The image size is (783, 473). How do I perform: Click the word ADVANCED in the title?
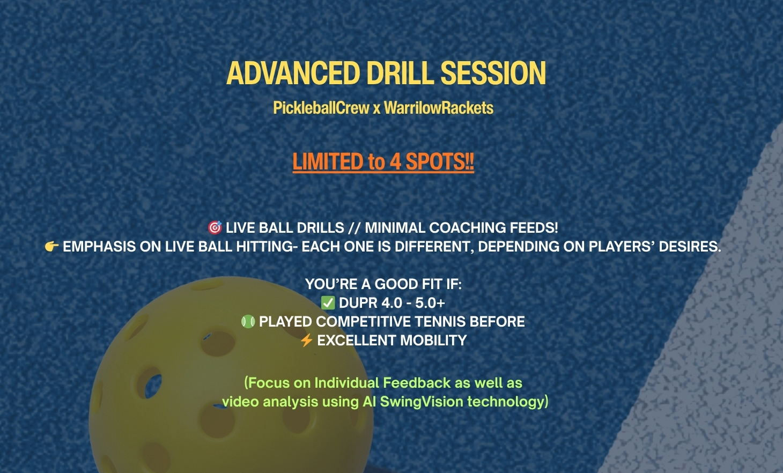[x=293, y=73]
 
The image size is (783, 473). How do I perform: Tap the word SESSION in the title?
[x=493, y=73]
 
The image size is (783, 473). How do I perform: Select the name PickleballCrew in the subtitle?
[x=321, y=108]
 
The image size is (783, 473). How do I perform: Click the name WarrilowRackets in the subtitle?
[x=439, y=108]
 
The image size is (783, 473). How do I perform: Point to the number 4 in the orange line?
[x=395, y=162]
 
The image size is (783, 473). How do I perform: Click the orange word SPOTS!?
[x=440, y=162]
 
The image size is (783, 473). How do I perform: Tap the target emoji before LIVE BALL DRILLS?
[x=215, y=227]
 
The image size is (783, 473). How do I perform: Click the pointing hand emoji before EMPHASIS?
[x=51, y=247]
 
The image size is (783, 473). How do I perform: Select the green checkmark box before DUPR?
[x=328, y=303]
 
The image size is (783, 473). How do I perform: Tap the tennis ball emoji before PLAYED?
[x=248, y=322]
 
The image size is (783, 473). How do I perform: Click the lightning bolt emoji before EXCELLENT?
[x=307, y=340]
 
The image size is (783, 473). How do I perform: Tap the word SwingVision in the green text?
[x=422, y=402]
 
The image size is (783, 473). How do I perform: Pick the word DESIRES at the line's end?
[x=690, y=247]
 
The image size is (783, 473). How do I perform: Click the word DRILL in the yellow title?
[x=400, y=73]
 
